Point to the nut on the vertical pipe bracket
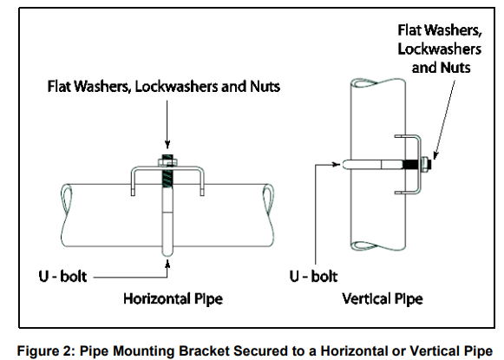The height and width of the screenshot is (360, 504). pyautogui.click(x=429, y=162)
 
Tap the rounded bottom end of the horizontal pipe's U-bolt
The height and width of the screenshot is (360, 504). pyautogui.click(x=166, y=252)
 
